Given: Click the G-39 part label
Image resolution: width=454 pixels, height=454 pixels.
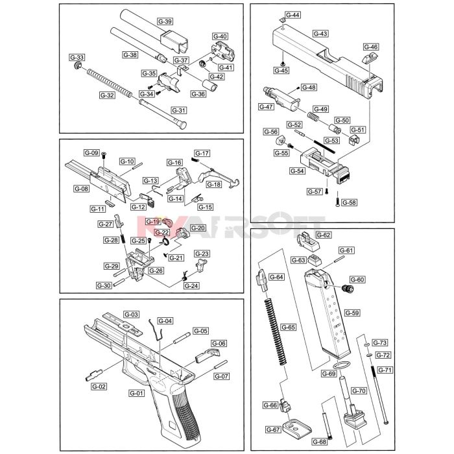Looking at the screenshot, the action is pos(165,21).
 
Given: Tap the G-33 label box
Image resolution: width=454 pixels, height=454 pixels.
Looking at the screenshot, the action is pos(77,57).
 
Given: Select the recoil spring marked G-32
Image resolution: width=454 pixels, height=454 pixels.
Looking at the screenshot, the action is pos(110,83).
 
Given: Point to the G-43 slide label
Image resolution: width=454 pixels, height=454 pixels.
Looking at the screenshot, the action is pos(320,34).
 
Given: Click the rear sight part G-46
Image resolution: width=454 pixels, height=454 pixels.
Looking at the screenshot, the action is pos(370,58).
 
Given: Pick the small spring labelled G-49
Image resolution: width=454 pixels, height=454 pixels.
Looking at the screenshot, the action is pos(313,116).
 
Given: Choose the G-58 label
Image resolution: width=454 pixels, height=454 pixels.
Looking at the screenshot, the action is pos(349,202).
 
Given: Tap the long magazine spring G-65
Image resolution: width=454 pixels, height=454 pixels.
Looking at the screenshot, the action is pos(276,332).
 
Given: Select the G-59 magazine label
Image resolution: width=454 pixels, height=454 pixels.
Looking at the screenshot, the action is pos(352,313).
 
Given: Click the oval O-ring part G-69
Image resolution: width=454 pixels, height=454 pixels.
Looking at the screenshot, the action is pos(342,365).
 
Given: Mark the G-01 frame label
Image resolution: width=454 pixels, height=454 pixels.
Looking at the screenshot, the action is pos(136,393).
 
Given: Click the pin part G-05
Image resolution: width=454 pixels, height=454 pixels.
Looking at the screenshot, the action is pos(182,338).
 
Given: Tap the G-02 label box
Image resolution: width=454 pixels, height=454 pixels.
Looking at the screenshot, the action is pos(99,387).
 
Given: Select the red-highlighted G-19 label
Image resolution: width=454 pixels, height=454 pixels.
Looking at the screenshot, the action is pos(153,222).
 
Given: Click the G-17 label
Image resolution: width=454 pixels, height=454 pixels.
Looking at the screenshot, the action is pos(202,154).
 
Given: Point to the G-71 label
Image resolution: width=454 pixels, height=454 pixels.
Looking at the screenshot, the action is pos(385,370).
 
